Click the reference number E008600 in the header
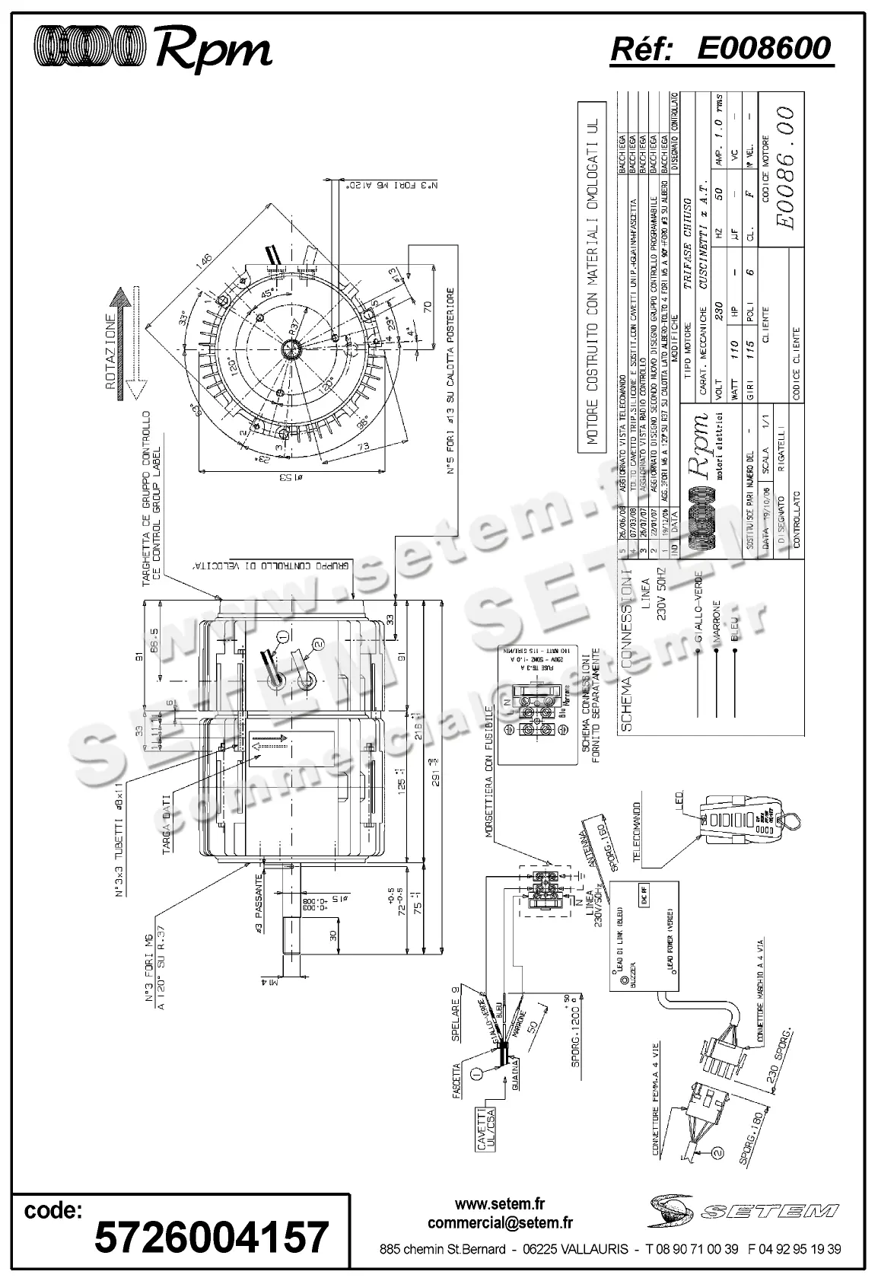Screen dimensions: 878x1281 point(765,49)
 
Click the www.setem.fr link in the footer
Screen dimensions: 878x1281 point(500,1204)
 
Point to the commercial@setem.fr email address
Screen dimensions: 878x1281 point(500,1223)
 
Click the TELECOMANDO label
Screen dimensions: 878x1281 point(638,830)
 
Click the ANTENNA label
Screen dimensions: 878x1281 point(587,841)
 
